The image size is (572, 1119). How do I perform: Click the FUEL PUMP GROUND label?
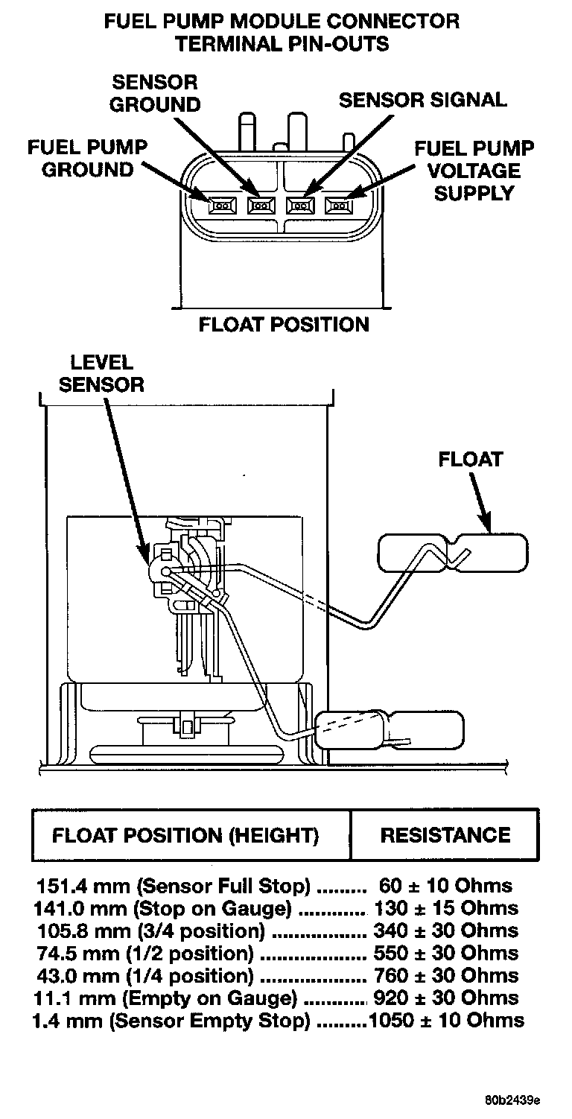pyautogui.click(x=87, y=158)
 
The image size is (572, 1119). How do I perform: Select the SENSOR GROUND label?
pyautogui.click(x=155, y=93)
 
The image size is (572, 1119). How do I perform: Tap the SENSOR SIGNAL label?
pyautogui.click(x=422, y=100)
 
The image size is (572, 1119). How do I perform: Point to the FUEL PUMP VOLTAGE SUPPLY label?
pyautogui.click(x=474, y=171)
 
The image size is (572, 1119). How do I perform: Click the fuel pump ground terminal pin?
pyautogui.click(x=221, y=204)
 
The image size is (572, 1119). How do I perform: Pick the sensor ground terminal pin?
pyautogui.click(x=261, y=204)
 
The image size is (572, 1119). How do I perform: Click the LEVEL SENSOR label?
pyautogui.click(x=101, y=374)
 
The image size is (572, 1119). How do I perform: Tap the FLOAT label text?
pyautogui.click(x=470, y=459)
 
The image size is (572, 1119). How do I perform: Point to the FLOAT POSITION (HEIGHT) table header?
pyautogui.click(x=185, y=835)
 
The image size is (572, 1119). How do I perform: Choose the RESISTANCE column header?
pyautogui.click(x=445, y=835)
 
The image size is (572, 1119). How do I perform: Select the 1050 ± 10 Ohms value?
pyautogui.click(x=445, y=1021)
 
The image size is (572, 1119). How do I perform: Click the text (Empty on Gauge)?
pyautogui.click(x=234, y=998)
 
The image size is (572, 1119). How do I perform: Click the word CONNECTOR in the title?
pyautogui.click(x=405, y=22)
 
